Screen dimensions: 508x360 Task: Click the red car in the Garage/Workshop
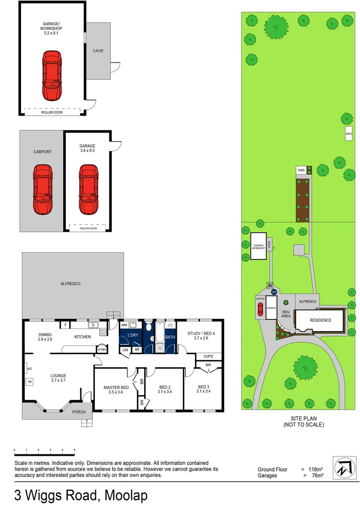[x=52, y=75]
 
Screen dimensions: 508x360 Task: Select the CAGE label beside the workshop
[x=98, y=51]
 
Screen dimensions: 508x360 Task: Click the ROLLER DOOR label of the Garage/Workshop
[x=52, y=112]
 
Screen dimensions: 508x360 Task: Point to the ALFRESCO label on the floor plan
[x=70, y=284]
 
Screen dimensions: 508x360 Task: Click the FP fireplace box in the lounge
[x=30, y=381]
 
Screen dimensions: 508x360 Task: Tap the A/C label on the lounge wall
[x=29, y=368]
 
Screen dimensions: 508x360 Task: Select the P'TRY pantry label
[x=102, y=349]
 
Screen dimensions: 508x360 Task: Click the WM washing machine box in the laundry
[x=125, y=325]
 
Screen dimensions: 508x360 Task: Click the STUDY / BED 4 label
[x=201, y=335]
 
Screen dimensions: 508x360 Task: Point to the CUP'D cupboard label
[x=208, y=356]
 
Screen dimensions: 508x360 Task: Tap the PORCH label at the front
[x=78, y=412]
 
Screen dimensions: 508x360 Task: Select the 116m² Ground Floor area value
[x=315, y=469]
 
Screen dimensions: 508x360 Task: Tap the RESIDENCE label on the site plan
[x=320, y=320]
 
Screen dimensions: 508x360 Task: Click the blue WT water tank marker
[x=274, y=292]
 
